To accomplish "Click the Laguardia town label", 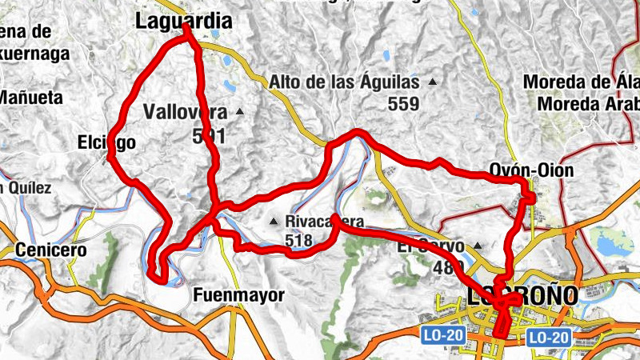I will tap(184, 22).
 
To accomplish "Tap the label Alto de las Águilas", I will tap(344, 82).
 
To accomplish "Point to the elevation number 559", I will tap(403, 103).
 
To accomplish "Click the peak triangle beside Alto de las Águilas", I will tap(433, 82).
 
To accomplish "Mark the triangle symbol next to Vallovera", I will tap(238, 112).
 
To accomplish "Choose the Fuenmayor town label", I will tap(239, 295).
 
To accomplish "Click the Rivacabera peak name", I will tap(325, 222).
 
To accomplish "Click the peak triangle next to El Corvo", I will tap(478, 246).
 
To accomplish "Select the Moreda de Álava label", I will tap(581, 82).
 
